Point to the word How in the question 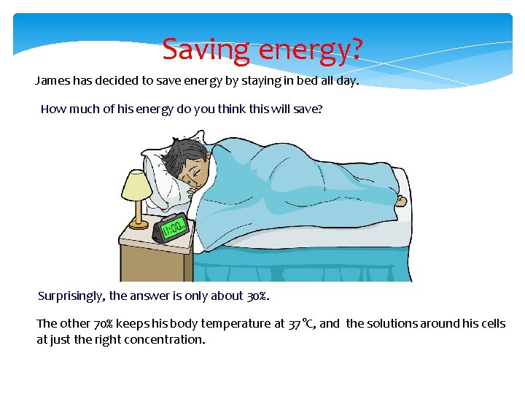[x=53, y=109]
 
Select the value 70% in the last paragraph [x=105, y=323]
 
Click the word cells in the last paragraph [x=489, y=323]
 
